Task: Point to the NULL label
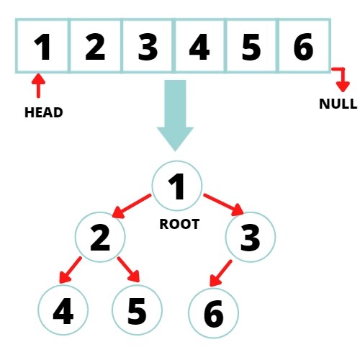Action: pos(338,104)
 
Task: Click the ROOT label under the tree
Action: pos(179,224)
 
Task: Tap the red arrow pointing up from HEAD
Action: pos(38,86)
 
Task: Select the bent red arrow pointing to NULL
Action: pos(340,78)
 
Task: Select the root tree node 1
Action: pos(176,186)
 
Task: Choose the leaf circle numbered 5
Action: pos(138,310)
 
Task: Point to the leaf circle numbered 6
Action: pos(213,312)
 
